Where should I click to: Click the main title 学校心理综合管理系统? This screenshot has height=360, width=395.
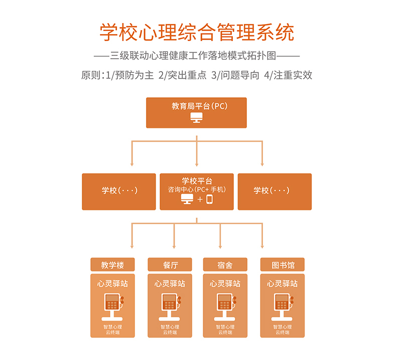[197, 33]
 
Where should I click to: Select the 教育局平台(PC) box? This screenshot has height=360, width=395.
[196, 112]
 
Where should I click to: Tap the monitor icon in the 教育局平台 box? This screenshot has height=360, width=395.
[196, 118]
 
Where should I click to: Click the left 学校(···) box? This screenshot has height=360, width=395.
[119, 191]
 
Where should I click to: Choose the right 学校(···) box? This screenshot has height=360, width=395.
[274, 191]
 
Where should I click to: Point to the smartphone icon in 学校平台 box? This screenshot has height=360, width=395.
[209, 200]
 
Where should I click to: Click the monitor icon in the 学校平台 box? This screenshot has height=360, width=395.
[187, 200]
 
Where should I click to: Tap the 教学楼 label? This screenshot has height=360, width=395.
[112, 265]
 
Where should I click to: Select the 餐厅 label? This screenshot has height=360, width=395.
[170, 265]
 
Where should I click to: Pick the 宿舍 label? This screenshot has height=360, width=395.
[225, 265]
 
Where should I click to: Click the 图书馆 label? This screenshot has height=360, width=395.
[282, 265]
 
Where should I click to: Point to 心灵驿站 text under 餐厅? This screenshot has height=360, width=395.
[170, 284]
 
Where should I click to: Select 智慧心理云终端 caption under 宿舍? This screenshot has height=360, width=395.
[225, 329]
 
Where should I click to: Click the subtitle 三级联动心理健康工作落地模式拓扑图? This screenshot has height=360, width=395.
[197, 56]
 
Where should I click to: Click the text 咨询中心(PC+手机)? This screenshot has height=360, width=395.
[197, 190]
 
